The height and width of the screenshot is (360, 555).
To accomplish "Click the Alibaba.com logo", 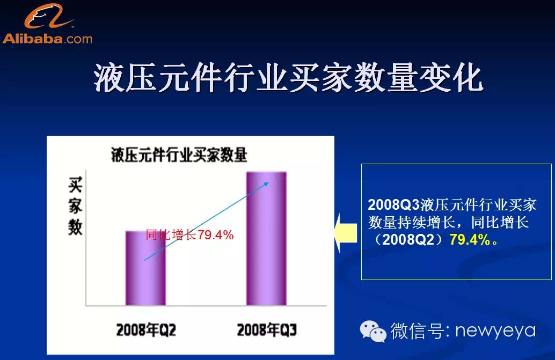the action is [x=47, y=24].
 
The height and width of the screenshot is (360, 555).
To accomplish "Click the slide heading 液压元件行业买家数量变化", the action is [x=288, y=78].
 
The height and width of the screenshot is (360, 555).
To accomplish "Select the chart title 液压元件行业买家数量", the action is [x=179, y=155].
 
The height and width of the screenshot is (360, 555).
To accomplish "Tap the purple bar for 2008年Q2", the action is [x=145, y=268].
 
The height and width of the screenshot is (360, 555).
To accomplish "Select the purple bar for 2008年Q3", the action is [x=266, y=239].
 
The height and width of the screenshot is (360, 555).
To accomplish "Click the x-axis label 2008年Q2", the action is [x=146, y=330].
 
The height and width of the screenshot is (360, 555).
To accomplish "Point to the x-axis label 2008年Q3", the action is [x=267, y=330].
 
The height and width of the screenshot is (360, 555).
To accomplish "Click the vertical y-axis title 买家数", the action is [x=75, y=206].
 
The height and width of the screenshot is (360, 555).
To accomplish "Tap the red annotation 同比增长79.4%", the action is [x=189, y=234].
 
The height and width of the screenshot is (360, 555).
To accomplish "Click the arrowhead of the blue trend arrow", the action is [x=268, y=183].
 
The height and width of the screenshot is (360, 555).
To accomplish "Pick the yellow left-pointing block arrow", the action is [x=346, y=233].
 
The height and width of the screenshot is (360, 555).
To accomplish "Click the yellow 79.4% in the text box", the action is [x=470, y=240].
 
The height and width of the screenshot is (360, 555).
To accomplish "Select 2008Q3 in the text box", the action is [x=393, y=205].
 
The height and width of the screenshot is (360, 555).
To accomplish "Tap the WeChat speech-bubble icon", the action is [x=373, y=332].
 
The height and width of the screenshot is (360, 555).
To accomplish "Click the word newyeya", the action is [x=495, y=331].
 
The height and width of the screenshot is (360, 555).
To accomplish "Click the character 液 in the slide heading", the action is [x=109, y=78].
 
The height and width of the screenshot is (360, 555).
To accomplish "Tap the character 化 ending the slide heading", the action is [x=468, y=78].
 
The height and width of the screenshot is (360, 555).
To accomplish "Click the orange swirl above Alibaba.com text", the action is [x=48, y=16].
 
